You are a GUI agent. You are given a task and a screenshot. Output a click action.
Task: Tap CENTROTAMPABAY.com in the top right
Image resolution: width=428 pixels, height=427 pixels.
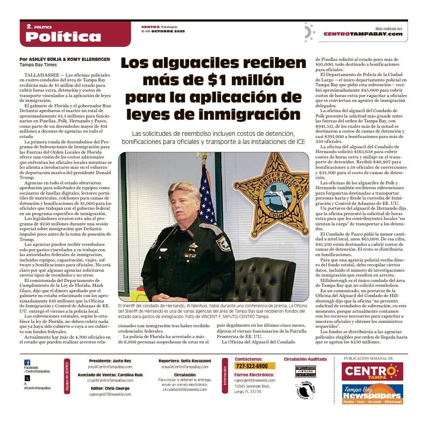coord(363,33)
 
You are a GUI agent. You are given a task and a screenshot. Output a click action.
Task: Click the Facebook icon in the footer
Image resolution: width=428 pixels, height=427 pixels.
coord(27,362)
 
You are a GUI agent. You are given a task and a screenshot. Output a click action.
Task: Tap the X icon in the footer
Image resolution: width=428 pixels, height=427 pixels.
coord(27,378)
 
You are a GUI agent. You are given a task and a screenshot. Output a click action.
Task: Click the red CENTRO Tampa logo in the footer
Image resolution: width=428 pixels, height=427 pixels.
coord(372,371)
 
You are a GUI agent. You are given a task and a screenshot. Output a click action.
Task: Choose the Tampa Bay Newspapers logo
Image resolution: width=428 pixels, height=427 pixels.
coord(372,394)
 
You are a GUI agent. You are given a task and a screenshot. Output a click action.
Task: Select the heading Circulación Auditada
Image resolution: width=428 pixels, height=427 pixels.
coord(305,359)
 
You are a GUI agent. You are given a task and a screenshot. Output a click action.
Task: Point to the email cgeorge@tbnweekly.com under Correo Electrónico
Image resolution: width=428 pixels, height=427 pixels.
coord(254,380)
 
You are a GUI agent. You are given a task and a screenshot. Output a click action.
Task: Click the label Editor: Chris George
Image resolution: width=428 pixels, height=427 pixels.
coord(109,388)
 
